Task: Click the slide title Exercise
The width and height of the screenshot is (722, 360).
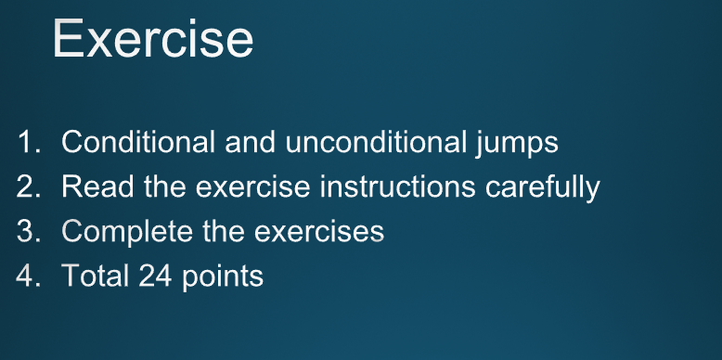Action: click(x=152, y=39)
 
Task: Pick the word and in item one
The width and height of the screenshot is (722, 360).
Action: click(x=251, y=143)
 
